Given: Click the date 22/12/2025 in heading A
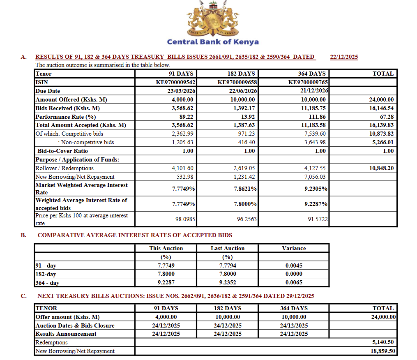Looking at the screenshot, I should click(x=344, y=57).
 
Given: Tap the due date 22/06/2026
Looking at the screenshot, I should click(x=243, y=91).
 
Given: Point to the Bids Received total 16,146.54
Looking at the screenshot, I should click(x=381, y=108).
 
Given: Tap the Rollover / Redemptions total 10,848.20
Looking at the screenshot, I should click(x=381, y=168).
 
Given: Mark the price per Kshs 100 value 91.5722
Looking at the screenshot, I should click(x=318, y=219).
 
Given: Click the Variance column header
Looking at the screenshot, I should click(x=294, y=248).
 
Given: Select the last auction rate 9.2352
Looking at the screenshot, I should click(x=228, y=282).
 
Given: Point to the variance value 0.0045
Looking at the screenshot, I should click(x=294, y=265).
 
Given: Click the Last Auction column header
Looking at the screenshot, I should click(x=228, y=248).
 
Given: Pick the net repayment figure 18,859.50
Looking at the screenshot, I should click(x=382, y=351).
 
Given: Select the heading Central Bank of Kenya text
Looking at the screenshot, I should click(x=213, y=42).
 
